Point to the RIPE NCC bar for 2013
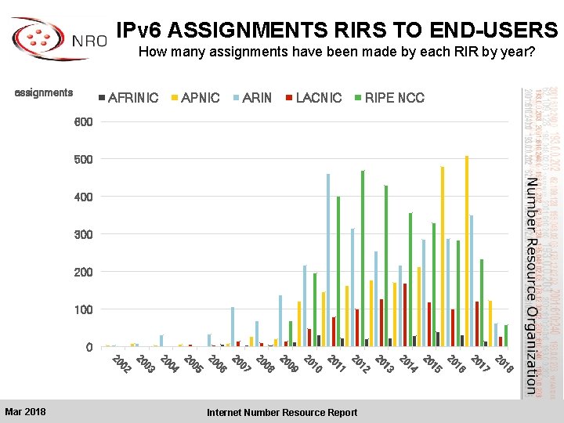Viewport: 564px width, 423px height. point(386,266)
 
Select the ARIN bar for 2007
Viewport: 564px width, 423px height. point(233,326)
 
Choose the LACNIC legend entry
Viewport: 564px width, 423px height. point(313,98)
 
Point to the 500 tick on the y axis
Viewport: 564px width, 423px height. point(83,159)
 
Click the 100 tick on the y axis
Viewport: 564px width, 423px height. point(83,309)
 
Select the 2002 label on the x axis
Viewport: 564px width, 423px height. point(121,364)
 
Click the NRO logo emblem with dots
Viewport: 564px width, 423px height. point(36,41)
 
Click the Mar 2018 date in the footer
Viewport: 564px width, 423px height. point(25,412)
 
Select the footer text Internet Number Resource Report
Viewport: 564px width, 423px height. point(281,413)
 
